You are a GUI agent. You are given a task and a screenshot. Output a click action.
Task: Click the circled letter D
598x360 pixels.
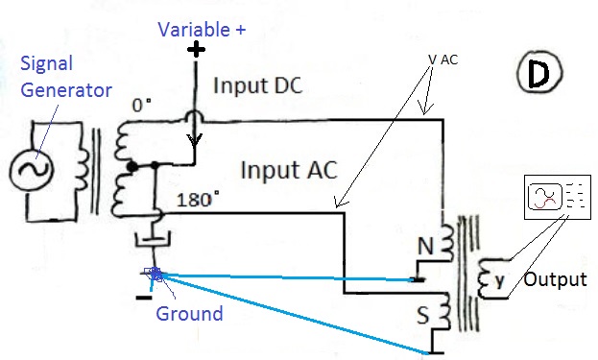pos(539,72)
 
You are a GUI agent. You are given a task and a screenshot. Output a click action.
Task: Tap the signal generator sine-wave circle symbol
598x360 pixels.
pos(30,170)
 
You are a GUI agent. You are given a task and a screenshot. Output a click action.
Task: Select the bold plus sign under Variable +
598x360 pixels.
pos(196,49)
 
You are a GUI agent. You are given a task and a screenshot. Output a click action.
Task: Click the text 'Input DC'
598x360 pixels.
pos(258,85)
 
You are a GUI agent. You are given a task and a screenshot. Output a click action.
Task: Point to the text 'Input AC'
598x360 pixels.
pos(289,170)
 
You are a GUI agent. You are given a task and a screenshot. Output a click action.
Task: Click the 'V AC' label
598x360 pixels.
pos(443,60)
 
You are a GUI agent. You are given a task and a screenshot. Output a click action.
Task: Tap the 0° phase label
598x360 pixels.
pos(141,105)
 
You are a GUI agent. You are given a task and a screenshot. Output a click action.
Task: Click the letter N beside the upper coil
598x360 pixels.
pos(425,247)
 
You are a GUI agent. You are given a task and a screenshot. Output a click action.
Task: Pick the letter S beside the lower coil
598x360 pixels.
pos(422,316)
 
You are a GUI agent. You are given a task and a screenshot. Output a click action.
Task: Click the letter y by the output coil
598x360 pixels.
pos(499,280)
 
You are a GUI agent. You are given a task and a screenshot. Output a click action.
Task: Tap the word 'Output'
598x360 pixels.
pos(555,279)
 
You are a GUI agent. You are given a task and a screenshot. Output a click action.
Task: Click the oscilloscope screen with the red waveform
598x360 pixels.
pos(544,197)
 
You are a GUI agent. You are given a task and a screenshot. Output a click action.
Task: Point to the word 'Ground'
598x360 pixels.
pos(189,314)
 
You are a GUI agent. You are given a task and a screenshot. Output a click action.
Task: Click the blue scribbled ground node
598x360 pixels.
pos(155,274)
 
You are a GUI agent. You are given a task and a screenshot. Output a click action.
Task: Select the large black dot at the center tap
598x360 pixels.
pos(132,167)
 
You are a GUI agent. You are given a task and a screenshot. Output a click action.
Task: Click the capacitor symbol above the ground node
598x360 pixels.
pos(153,241)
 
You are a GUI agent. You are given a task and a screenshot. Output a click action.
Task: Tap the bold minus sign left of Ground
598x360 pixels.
pos(144,298)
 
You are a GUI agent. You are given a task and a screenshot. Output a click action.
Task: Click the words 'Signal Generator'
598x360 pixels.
pos(65,77)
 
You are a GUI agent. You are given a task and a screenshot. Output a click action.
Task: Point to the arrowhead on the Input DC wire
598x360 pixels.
pos(195,141)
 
